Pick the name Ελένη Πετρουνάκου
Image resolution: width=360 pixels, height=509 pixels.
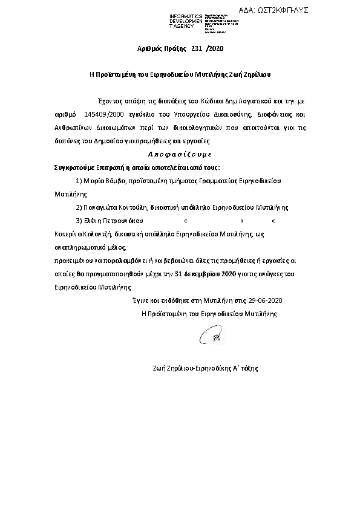coord(112,220)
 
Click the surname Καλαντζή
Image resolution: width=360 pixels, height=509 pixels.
coord(97,233)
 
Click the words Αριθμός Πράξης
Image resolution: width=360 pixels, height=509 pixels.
coord(160,48)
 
